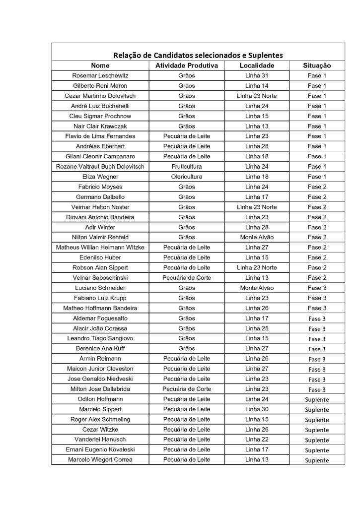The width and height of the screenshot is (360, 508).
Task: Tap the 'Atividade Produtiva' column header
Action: click(x=187, y=65)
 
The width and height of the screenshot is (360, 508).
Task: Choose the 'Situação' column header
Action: click(x=317, y=65)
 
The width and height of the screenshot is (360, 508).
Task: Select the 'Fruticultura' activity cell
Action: click(x=187, y=167)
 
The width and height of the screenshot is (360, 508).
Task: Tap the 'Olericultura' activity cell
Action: click(x=187, y=177)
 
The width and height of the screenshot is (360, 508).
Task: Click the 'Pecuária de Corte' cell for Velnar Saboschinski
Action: click(x=187, y=277)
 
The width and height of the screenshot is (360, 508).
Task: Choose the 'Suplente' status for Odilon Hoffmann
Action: click(x=317, y=399)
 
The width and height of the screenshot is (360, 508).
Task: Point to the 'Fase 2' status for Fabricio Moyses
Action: click(x=317, y=187)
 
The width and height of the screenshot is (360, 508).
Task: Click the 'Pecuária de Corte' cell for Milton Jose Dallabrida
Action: click(x=187, y=389)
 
